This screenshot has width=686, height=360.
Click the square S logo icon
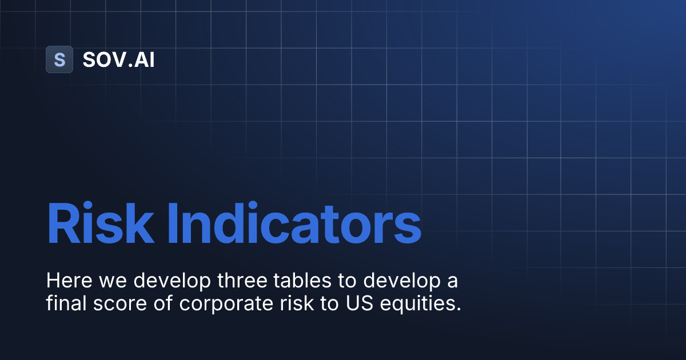(59, 59)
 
